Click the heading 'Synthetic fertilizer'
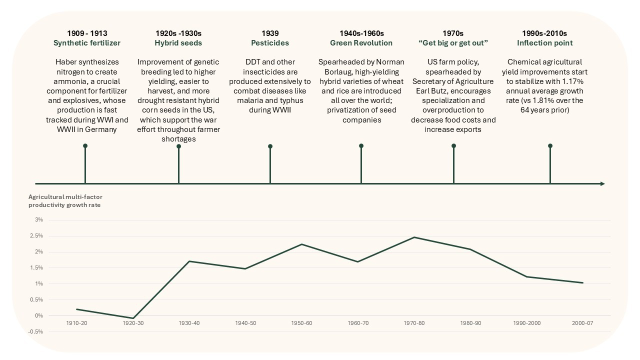pyautogui.click(x=87, y=43)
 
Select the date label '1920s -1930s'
pyautogui.click(x=178, y=33)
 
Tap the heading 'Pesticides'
pyautogui.click(x=270, y=43)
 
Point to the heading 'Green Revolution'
pyautogui.click(x=361, y=43)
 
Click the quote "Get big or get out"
pyautogui.click(x=453, y=43)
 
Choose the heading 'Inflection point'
pyautogui.click(x=544, y=43)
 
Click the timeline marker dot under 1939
pyautogui.click(x=270, y=146)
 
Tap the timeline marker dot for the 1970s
pyautogui.click(x=453, y=146)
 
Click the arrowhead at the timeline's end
pyautogui.click(x=602, y=184)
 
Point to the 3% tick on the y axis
pyautogui.click(x=39, y=220)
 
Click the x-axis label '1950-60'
pyautogui.click(x=301, y=323)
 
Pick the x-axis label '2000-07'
pyautogui.click(x=582, y=323)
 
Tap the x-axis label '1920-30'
pyautogui.click(x=133, y=323)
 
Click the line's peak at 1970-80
pyautogui.click(x=414, y=237)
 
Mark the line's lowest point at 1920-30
pyautogui.click(x=133, y=318)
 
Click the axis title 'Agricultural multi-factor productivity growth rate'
pyautogui.click(x=65, y=201)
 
